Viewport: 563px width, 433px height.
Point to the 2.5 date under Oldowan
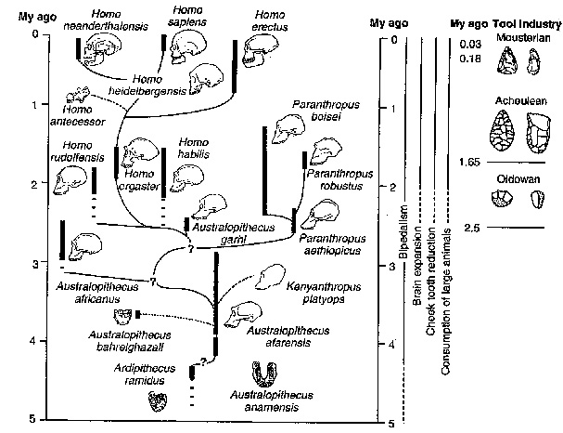click(471, 229)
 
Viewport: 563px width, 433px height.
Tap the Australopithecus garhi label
click(224, 231)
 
